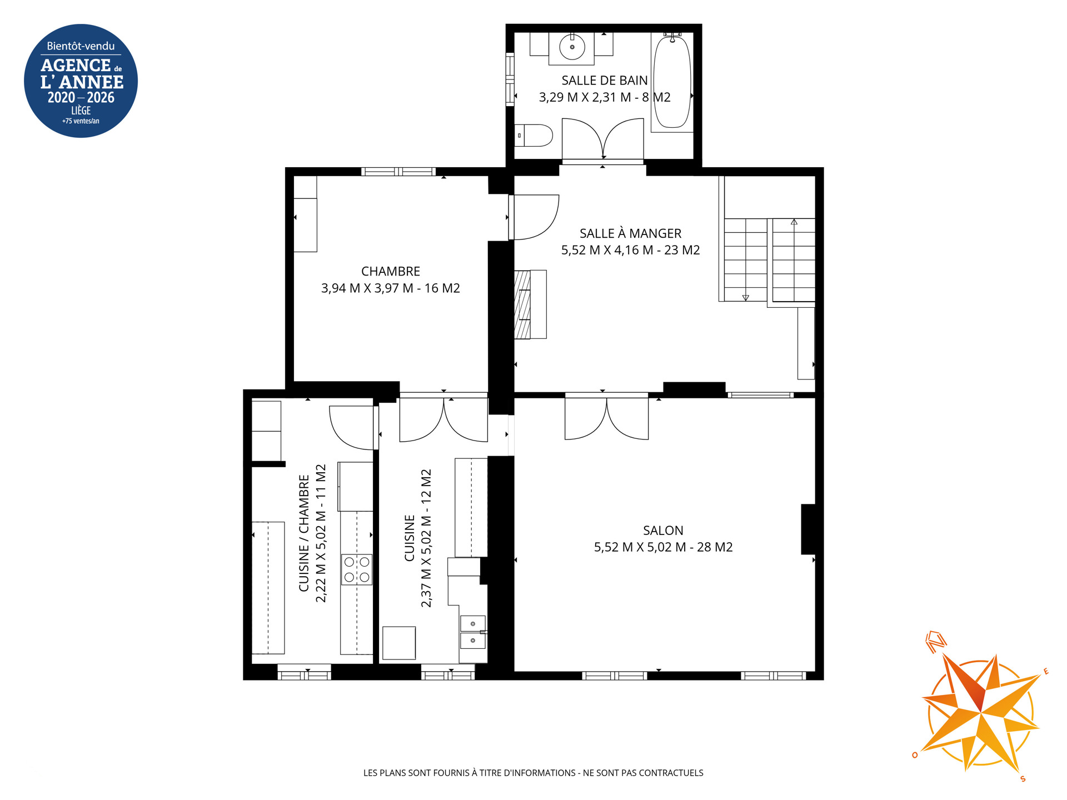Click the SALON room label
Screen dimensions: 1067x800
pos(663,531)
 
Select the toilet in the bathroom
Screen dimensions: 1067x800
pos(533,135)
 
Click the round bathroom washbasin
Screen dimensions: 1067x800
pos(572,47)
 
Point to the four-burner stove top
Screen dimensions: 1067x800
pos(357,569)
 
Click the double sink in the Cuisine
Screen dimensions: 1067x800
pos(473,632)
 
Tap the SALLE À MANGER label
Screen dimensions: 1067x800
pos(630,233)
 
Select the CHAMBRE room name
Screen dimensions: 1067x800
pos(391,271)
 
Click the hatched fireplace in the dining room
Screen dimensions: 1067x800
pos(523,304)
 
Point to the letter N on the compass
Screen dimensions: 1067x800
pos(936,642)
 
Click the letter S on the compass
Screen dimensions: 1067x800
pos(1023,779)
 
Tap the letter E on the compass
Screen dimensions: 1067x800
pos(1046,672)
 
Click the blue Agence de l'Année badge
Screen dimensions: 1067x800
pos(81,81)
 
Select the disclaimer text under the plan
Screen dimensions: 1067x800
pos(533,773)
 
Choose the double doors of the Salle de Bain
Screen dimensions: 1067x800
pos(603,139)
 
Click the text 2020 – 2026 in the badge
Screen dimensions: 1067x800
pos(81,98)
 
